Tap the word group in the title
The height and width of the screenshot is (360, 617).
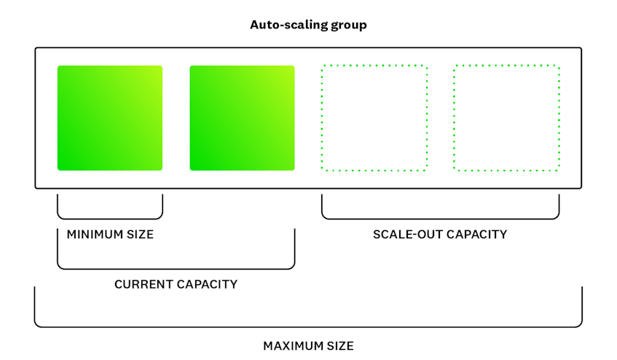click(349, 26)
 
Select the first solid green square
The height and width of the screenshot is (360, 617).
click(110, 118)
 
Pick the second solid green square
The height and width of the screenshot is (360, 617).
click(242, 118)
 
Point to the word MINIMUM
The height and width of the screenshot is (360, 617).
click(95, 235)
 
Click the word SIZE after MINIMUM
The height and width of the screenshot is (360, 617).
click(140, 235)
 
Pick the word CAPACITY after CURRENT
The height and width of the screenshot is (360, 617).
click(207, 284)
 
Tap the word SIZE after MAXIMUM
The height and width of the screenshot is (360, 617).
click(340, 346)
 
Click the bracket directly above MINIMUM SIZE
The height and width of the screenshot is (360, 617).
click(110, 219)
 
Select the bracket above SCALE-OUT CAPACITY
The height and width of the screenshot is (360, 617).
click(440, 219)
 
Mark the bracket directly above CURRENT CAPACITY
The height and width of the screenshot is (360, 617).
click(176, 269)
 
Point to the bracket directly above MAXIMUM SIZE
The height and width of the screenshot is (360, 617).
click(309, 327)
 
